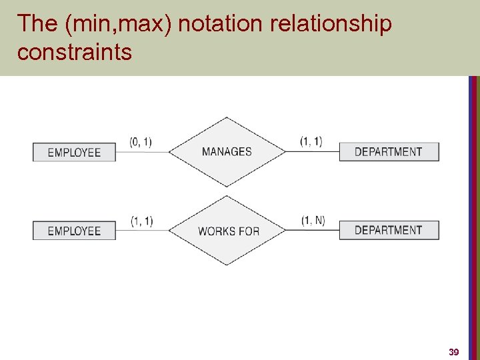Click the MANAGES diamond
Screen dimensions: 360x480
227,152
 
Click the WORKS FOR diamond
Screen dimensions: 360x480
227,231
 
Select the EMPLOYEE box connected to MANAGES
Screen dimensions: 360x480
74,152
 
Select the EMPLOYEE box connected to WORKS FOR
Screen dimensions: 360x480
74,231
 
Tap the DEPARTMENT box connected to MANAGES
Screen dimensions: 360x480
389,151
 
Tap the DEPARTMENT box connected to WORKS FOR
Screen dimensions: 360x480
389,230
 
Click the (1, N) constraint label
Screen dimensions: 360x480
313,221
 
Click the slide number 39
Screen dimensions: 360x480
454,351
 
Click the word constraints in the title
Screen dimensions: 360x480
75,52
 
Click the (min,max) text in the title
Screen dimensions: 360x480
118,24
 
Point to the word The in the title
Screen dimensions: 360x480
37,24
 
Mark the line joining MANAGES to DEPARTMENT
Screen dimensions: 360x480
312,152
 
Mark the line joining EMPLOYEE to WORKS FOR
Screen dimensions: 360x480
141,231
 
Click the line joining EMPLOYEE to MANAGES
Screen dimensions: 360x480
141,152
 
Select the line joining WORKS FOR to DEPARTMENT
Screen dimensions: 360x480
312,231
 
